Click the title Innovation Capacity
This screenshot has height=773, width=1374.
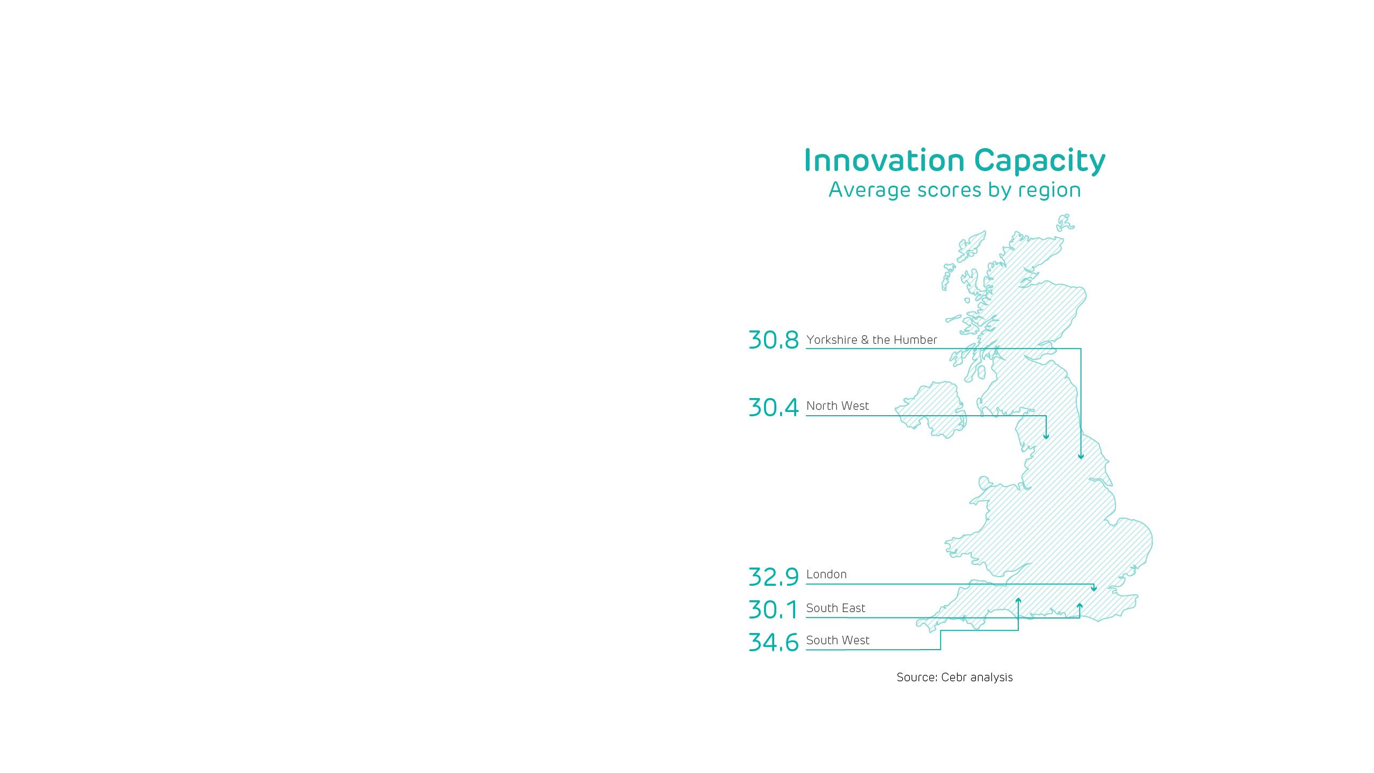(954, 160)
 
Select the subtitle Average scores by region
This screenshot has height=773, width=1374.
(954, 190)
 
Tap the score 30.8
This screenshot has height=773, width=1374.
(773, 340)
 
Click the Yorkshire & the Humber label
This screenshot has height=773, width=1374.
(871, 340)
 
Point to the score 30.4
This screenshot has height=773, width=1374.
(773, 407)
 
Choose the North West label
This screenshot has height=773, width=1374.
(837, 406)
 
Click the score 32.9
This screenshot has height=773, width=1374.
(773, 577)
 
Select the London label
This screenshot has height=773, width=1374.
(826, 575)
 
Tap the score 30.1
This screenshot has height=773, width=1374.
(773, 610)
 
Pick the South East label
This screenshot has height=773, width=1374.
(835, 608)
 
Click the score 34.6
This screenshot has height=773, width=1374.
(773, 642)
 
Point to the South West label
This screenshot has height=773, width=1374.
(837, 641)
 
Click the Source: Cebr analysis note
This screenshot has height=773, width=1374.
(954, 678)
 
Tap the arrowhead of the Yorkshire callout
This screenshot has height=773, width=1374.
(1081, 457)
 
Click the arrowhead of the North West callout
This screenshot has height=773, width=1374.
(1046, 437)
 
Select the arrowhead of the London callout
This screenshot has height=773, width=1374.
(1094, 589)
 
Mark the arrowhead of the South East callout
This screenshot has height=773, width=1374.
(1079, 606)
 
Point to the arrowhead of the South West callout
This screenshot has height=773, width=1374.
(1018, 600)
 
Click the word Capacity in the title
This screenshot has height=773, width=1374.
(1039, 160)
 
